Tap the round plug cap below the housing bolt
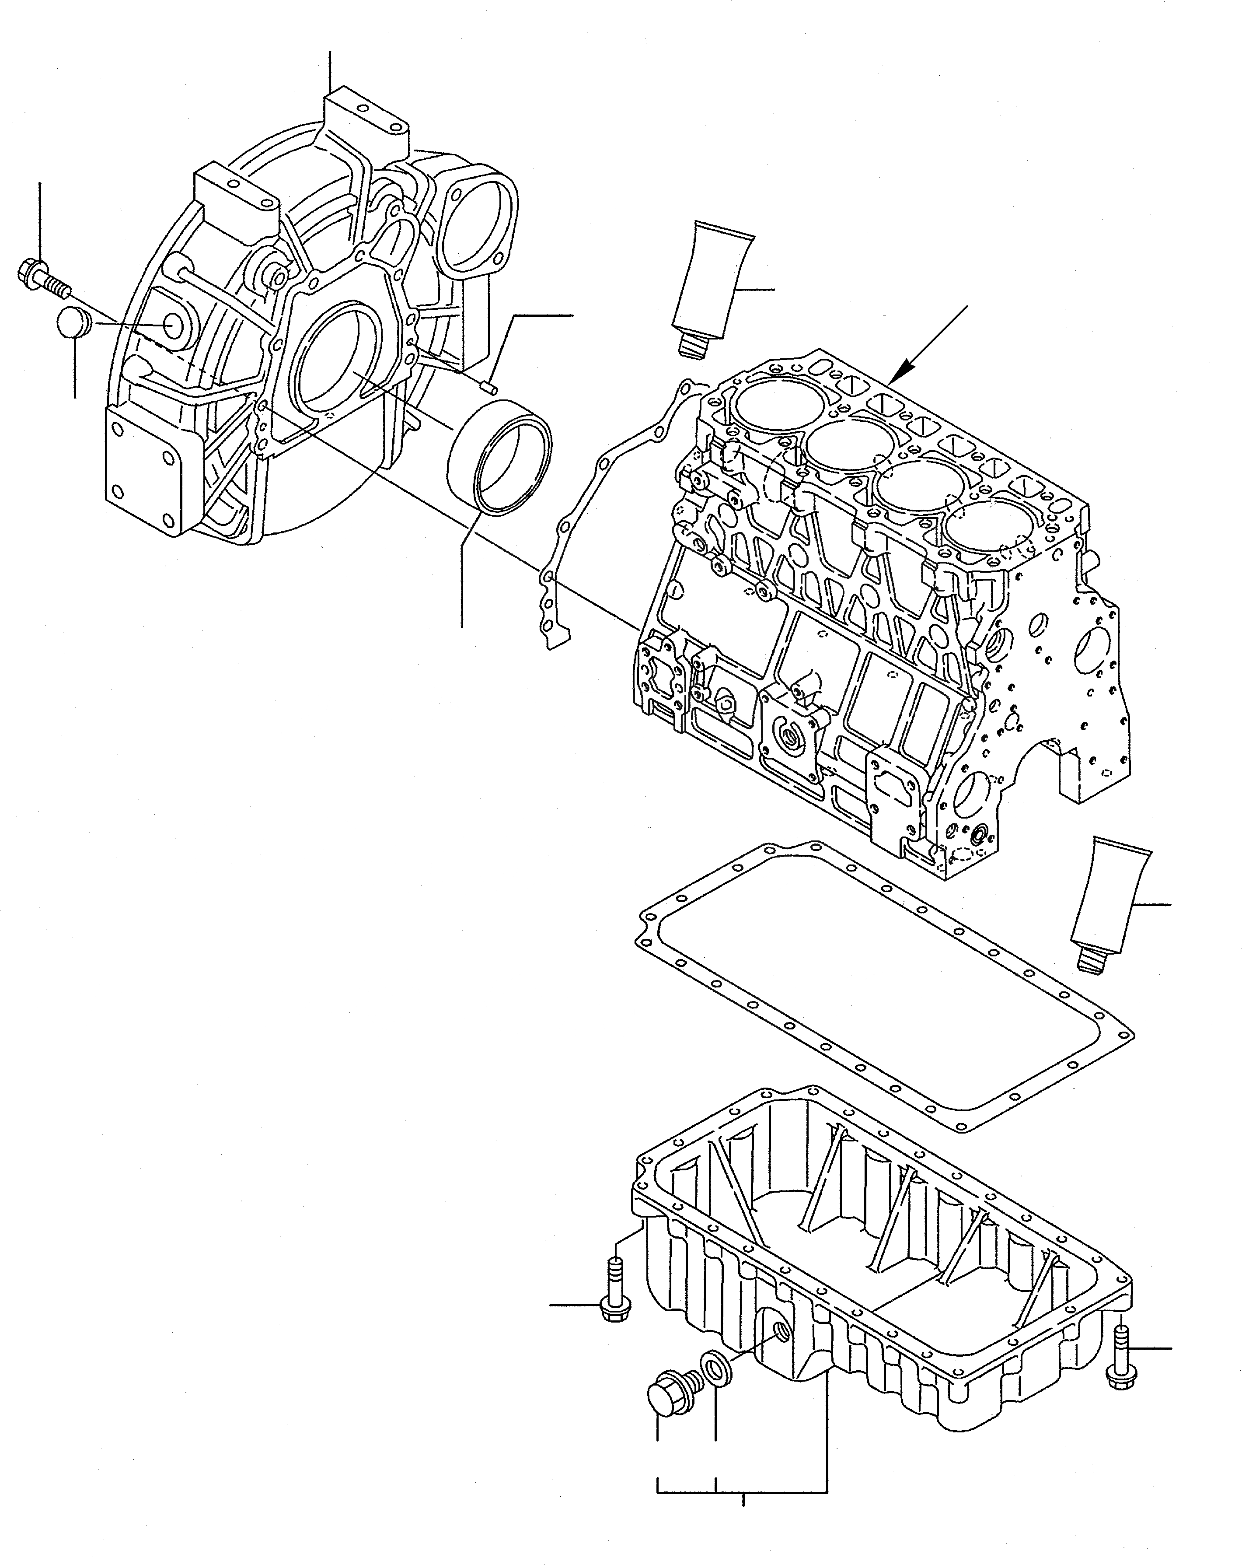[x=73, y=323]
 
